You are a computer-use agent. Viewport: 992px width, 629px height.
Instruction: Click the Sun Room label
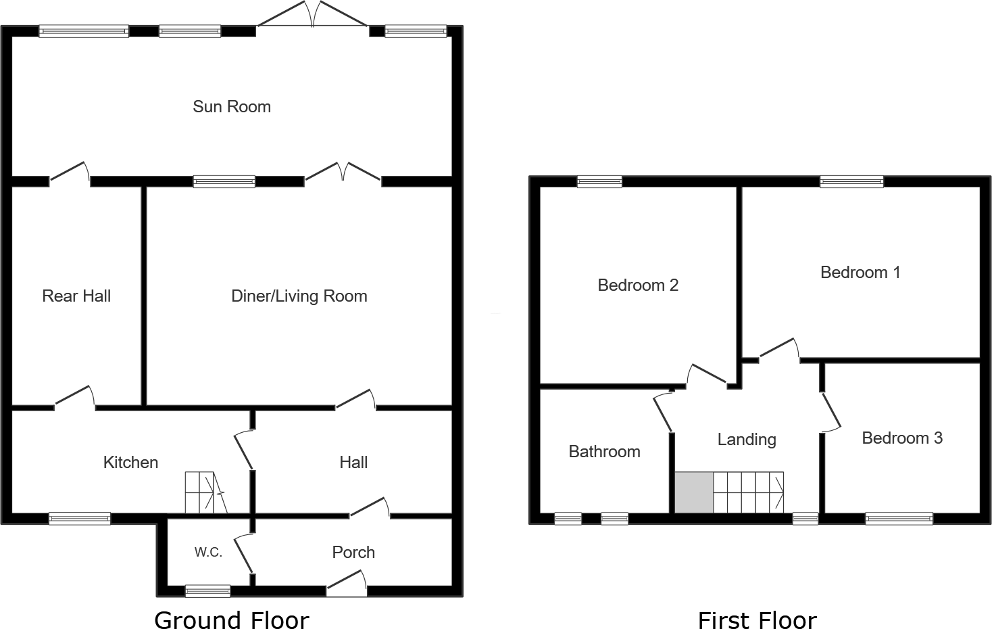pos(231,107)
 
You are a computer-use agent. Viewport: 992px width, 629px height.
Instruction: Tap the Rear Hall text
pos(76,296)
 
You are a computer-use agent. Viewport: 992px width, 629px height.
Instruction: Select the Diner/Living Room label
pos(299,296)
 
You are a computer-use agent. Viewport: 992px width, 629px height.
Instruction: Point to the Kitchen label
pos(130,463)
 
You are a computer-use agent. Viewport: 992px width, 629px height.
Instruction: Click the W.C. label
pos(208,553)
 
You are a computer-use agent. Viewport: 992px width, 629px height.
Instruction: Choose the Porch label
pos(353,553)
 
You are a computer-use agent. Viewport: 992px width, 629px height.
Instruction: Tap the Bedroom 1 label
pos(860,273)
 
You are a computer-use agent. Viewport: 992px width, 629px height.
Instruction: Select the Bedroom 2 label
pos(637,285)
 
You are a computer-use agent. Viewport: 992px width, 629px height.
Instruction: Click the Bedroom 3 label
pos(901,438)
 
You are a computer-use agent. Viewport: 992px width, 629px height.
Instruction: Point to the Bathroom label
pos(604,452)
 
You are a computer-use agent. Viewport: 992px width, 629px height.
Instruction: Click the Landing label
pos(746,440)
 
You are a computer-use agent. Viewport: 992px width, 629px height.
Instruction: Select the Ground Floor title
pos(231,620)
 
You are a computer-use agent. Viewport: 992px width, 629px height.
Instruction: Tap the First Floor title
pos(757,620)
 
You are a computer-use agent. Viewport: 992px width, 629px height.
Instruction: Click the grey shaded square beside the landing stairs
pos(694,492)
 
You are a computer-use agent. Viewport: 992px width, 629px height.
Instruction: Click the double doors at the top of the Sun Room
pos(312,16)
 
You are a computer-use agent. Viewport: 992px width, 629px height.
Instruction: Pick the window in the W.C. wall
pos(207,591)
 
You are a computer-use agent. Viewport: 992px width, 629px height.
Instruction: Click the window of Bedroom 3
pos(899,519)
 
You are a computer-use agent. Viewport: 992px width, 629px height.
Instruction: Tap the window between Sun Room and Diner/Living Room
pos(224,181)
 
